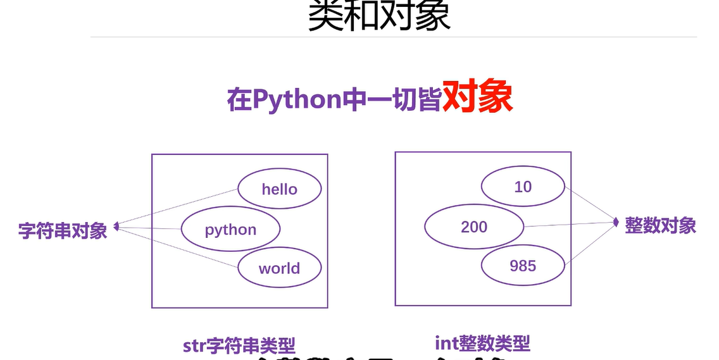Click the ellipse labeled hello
[279, 189]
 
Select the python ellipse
[230, 229]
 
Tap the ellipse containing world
[279, 268]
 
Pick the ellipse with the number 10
[523, 187]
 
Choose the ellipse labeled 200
[474, 227]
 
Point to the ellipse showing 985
[523, 266]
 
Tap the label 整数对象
[660, 226]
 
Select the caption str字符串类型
[239, 346]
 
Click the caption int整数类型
[482, 343]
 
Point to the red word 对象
[477, 98]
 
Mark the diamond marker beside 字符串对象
[116, 226]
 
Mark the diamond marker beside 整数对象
[615, 221]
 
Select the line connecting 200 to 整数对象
[570, 224]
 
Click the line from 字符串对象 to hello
[177, 207]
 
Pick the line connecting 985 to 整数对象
[590, 244]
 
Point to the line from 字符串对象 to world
[177, 247]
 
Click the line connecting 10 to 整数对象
[590, 204]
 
